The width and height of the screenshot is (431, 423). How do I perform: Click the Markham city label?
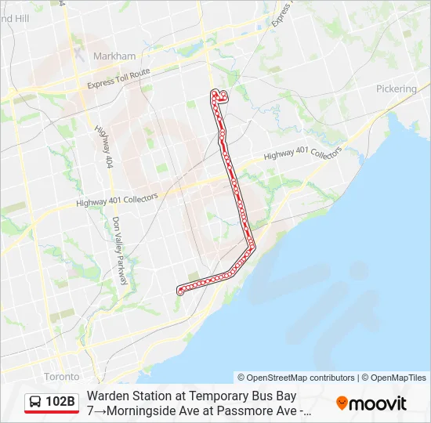tap(114, 56)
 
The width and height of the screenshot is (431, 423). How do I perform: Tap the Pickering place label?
tap(397, 89)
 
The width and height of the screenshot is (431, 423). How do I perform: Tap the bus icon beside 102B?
tap(35, 403)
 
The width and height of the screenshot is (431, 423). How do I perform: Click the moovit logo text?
tap(378, 403)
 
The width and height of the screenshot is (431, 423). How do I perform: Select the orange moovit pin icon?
tap(342, 403)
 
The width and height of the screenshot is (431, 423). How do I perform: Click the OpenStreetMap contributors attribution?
tap(299, 378)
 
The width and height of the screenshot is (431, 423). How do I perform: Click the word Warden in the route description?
tap(108, 396)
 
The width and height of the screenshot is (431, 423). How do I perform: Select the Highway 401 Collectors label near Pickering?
tap(302, 153)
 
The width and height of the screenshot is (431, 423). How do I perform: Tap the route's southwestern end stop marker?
tap(179, 292)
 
